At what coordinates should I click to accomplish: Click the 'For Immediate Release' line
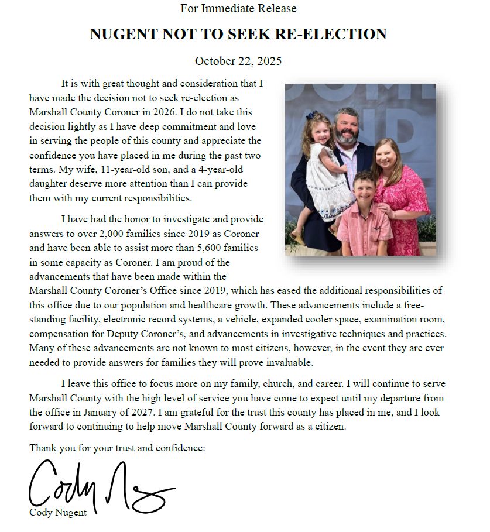tap(238, 9)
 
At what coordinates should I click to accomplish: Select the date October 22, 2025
tap(238, 61)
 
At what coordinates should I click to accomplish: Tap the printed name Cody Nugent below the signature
tap(58, 513)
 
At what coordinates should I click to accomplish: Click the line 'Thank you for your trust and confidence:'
tap(117, 448)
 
